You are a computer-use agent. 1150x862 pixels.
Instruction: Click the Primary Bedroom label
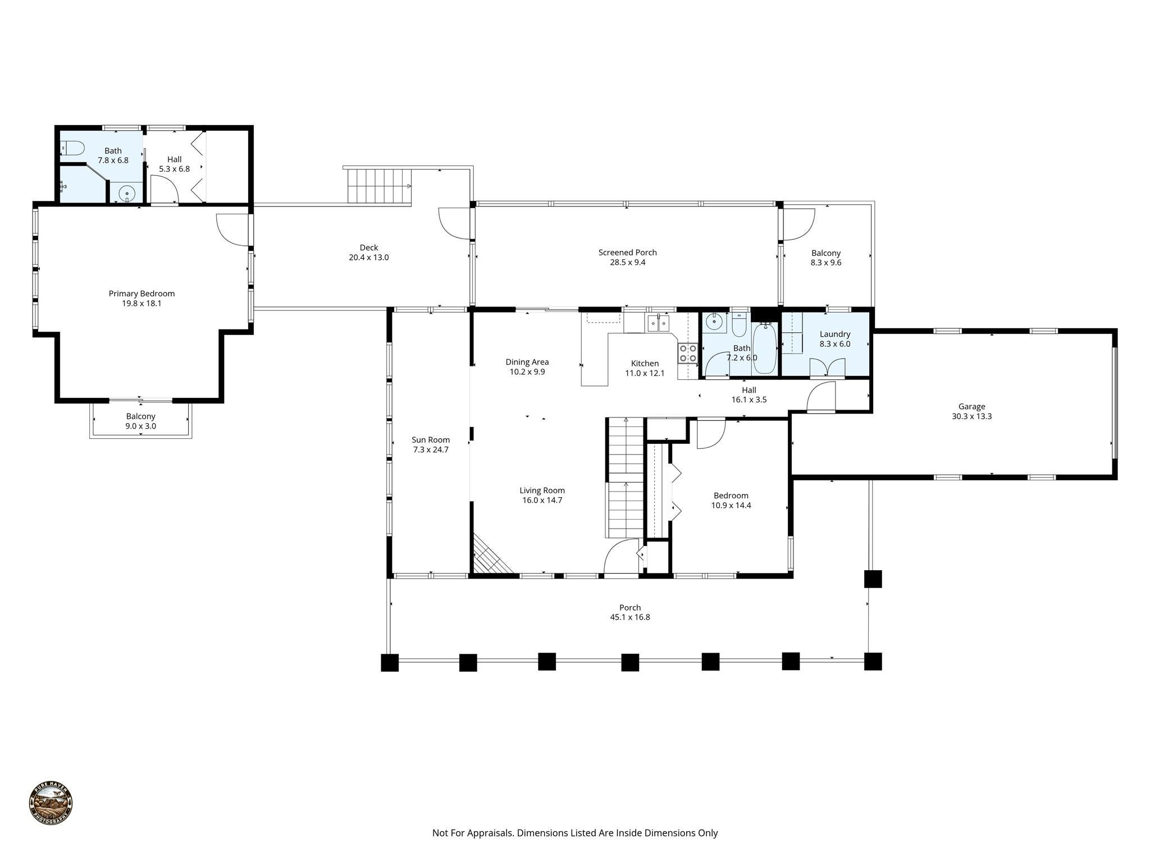coord(142,294)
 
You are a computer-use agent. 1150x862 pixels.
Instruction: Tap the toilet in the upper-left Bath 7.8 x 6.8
coord(72,148)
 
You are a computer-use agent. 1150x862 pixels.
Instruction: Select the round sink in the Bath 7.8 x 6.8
coord(127,194)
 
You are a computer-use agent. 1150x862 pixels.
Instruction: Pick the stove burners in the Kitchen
coord(688,354)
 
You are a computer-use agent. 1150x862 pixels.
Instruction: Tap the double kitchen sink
coord(658,323)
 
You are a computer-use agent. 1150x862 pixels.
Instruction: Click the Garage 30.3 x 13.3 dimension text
coord(971,416)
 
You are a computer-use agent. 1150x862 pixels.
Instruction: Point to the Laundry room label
coord(835,334)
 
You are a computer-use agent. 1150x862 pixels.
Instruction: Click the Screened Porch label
coord(627,253)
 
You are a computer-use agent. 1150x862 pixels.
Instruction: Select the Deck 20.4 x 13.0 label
coord(368,253)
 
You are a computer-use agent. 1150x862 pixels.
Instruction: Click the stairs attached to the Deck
coord(377,186)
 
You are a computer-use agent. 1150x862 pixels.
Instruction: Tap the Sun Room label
coord(431,440)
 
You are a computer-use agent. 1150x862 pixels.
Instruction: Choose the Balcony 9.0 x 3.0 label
coord(140,416)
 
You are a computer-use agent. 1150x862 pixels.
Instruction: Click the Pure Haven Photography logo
coord(51,804)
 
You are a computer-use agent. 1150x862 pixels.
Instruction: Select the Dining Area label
coord(527,362)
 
